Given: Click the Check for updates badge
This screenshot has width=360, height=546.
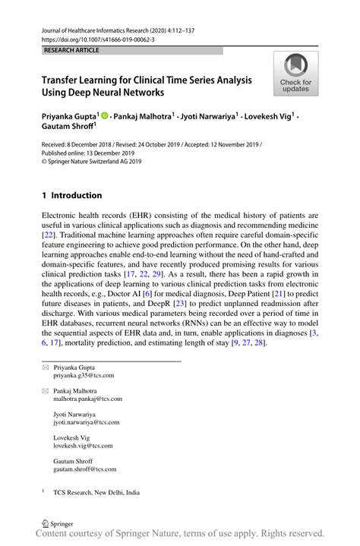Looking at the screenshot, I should [x=295, y=75].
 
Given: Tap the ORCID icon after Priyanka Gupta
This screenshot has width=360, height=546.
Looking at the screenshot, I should [x=105, y=116].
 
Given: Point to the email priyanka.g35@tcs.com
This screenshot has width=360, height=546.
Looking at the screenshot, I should [x=84, y=375].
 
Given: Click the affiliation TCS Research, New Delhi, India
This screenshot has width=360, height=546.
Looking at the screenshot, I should [x=96, y=492].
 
